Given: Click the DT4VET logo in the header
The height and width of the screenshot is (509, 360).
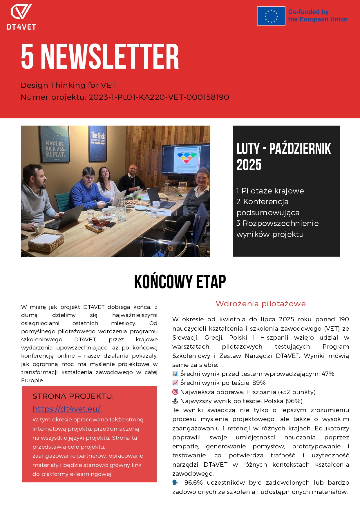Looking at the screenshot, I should [21, 17].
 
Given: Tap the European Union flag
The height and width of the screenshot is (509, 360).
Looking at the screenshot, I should [271, 16].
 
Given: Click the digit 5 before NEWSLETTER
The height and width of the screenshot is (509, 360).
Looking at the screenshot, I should [28, 57].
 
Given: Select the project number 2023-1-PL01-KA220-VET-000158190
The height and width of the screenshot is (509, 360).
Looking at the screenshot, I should [159, 97].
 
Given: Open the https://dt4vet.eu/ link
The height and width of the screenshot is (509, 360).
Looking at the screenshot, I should [67, 409].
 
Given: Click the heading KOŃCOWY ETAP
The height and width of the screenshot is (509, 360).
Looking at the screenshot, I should [180, 282].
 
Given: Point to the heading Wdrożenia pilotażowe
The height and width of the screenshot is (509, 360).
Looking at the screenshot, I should [260, 304].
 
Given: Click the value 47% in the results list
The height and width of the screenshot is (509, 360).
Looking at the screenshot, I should [328, 374].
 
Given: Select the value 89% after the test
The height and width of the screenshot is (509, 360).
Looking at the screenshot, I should [259, 383].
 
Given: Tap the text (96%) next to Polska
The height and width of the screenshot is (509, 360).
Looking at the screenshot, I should [294, 401].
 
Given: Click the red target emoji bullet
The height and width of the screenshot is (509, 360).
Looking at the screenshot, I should [175, 392].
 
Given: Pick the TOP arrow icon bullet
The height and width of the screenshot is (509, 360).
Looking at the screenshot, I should [175, 401].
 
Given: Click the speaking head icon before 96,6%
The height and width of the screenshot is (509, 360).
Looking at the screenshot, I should [176, 482].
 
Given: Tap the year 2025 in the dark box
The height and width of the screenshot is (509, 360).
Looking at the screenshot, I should [249, 165].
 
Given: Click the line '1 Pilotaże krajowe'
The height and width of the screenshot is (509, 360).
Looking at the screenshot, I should [270, 191].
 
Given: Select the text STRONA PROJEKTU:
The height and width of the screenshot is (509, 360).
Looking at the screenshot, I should [73, 396].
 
